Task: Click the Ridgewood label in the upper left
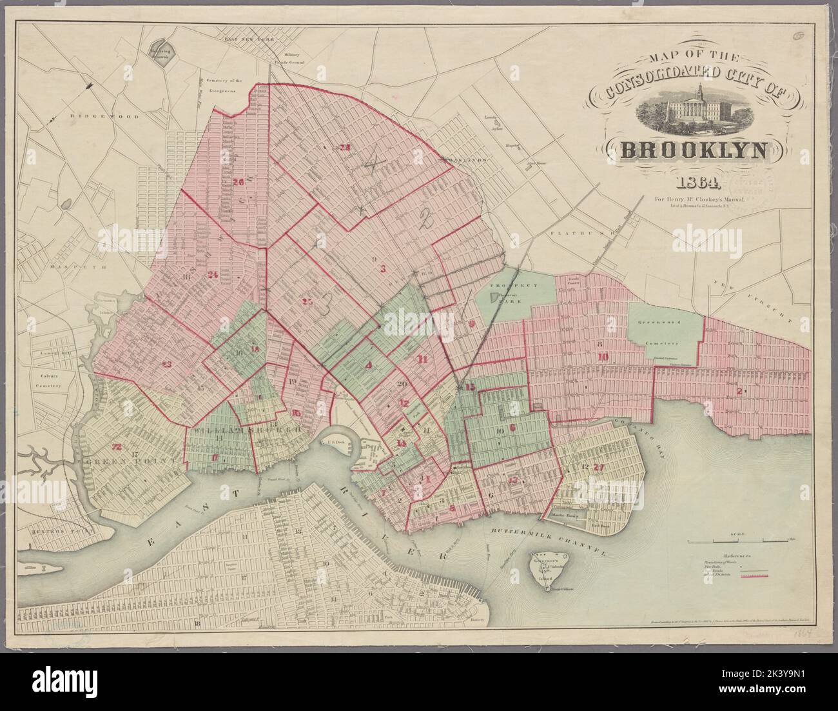95,116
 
